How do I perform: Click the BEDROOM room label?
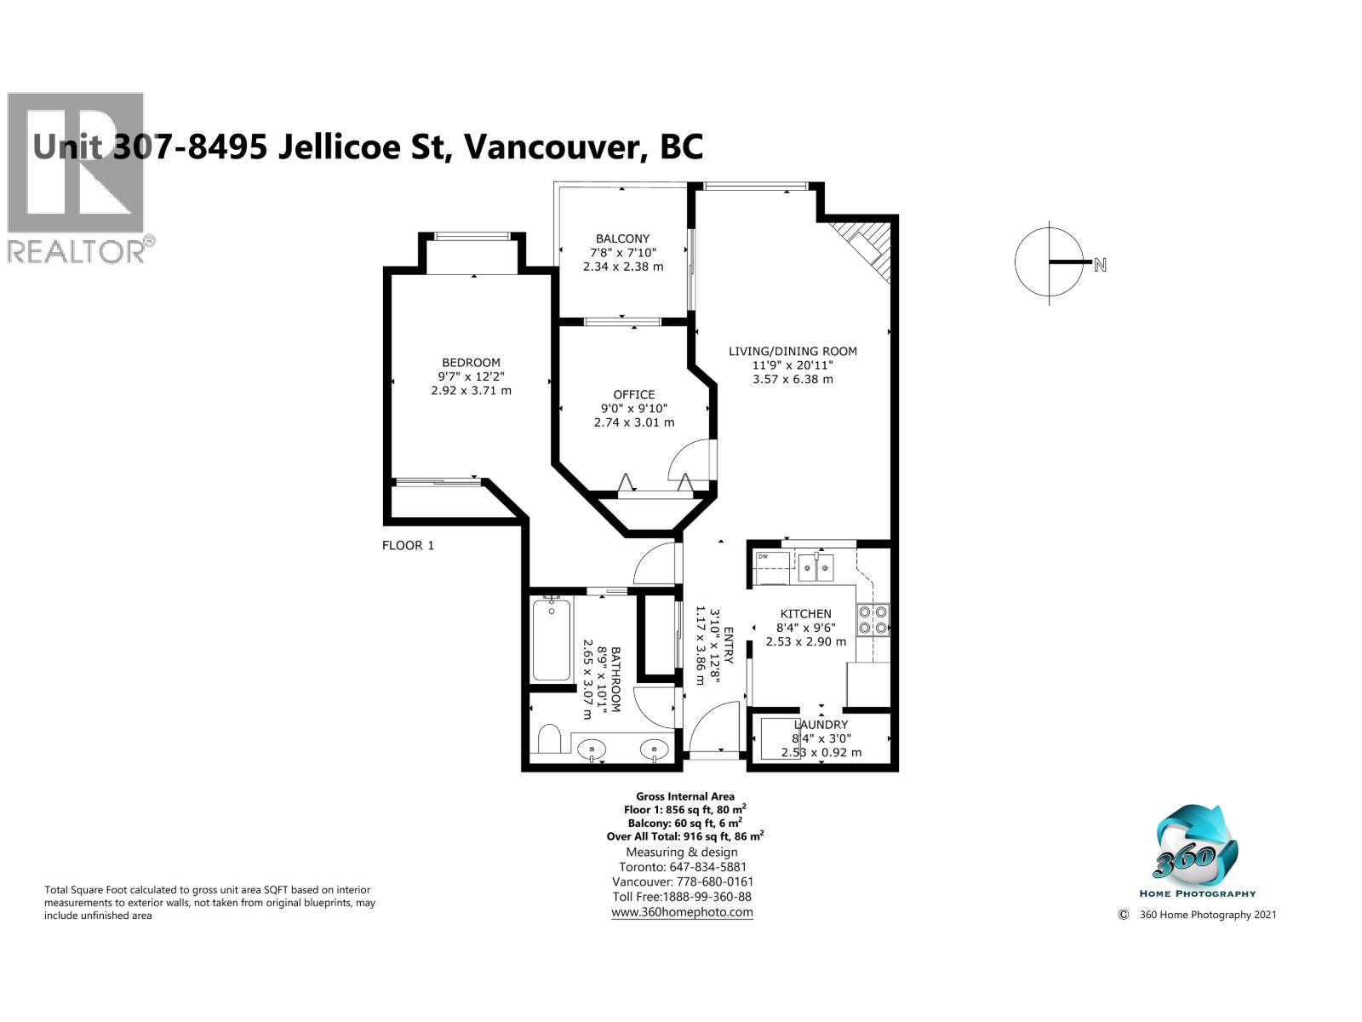point(471,363)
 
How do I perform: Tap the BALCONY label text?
point(622,238)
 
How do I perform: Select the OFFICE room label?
point(634,394)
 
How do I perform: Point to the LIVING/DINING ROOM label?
point(793,351)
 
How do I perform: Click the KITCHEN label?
point(805,613)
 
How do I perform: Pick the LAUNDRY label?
point(820,725)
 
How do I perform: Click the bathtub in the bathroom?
point(552,640)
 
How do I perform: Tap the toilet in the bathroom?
point(549,738)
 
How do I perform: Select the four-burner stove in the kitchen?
point(873,619)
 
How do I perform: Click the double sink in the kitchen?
point(815,566)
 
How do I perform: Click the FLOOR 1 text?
point(408,545)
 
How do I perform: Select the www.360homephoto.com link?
point(682,911)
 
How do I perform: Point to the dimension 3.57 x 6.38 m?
point(793,379)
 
